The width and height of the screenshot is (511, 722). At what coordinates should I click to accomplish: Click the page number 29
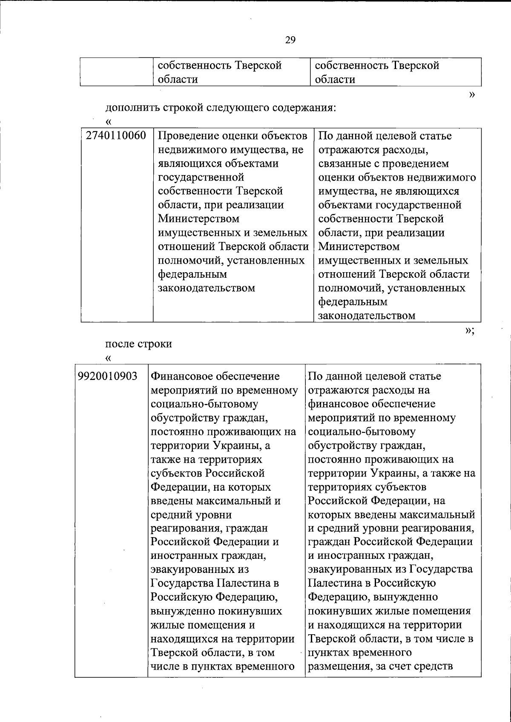coord(290,40)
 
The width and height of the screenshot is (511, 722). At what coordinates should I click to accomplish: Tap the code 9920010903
coord(108,376)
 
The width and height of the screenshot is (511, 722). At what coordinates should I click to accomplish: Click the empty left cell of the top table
coord(116,72)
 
